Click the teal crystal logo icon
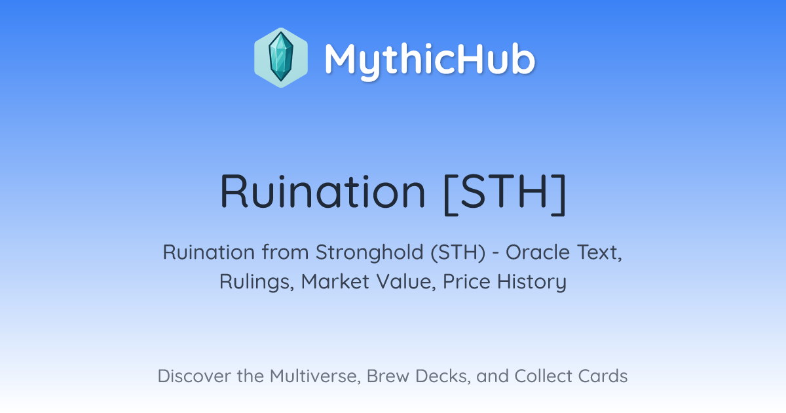[281, 58]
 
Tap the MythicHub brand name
[430, 60]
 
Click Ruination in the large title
[323, 191]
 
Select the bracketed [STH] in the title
[504, 194]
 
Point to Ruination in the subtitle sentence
[209, 252]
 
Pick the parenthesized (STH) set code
[458, 253]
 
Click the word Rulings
[257, 282]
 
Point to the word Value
[406, 282]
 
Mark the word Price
[466, 282]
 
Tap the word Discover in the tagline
[194, 376]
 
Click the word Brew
[388, 376]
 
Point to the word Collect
[543, 376]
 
